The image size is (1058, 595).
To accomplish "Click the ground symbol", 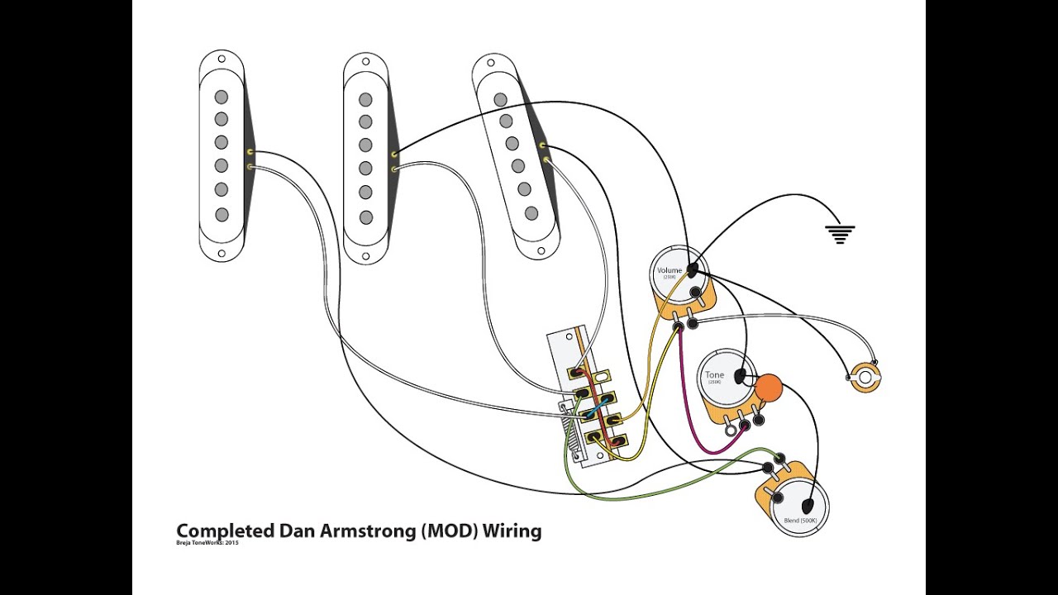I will (x=840, y=235).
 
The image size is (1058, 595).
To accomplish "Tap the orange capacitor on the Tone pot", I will (x=769, y=387).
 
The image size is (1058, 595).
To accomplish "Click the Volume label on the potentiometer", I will (x=670, y=271).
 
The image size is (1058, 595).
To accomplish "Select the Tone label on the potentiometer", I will (x=714, y=375).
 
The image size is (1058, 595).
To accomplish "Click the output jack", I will (x=865, y=378).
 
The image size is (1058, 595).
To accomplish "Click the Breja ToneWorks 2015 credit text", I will (x=207, y=543).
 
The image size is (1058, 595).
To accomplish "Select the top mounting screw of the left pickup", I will (x=221, y=59).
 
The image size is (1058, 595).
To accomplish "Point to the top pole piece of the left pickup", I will (x=221, y=98).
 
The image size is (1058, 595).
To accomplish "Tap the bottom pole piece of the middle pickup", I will (x=365, y=217).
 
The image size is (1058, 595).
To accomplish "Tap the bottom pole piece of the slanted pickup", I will (x=531, y=212).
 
